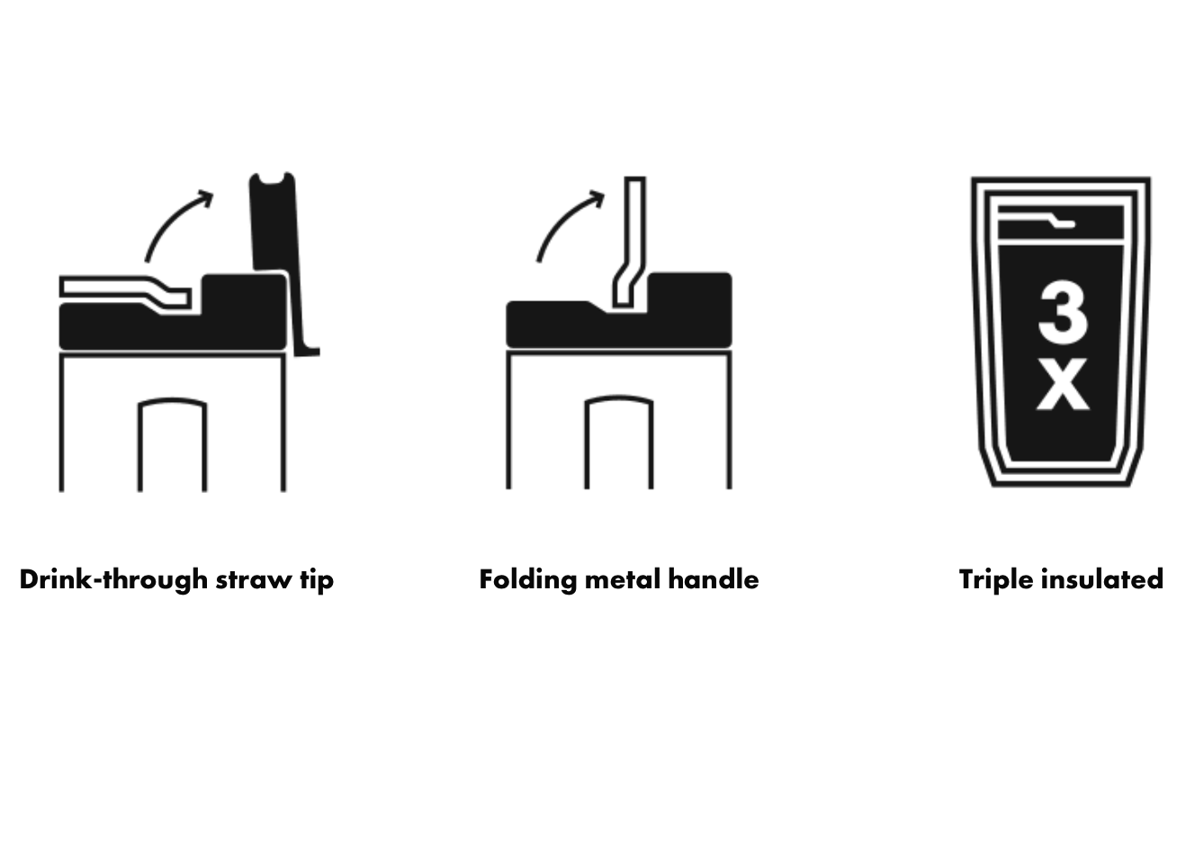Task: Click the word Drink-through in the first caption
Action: coord(113,579)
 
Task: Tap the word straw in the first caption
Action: coord(253,580)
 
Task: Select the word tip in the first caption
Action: coord(317,580)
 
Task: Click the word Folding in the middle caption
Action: coord(527,579)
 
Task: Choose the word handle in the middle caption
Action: coord(714,579)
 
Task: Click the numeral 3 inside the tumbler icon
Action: coord(1063,312)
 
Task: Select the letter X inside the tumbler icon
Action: coord(1063,384)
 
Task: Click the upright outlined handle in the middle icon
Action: coord(631,241)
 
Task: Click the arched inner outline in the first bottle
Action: coord(173,400)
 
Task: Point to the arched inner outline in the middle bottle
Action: coord(619,398)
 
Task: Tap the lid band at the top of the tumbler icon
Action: coord(1061,222)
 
